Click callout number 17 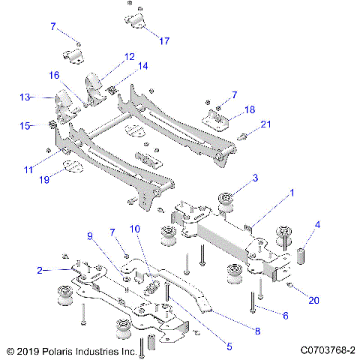tap(164, 40)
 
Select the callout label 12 tap(130, 56)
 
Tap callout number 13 tap(24, 97)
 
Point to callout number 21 tap(265, 124)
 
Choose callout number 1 tap(292, 193)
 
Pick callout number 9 tap(91, 235)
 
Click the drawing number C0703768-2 tap(328, 350)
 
